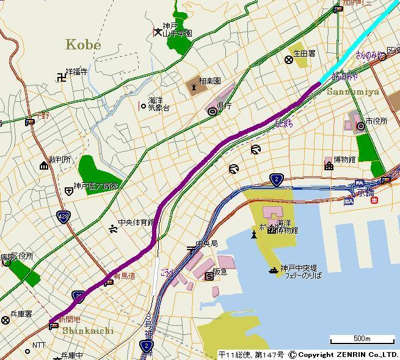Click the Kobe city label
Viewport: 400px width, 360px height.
coord(82,45)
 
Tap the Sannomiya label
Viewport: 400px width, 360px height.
coord(352,92)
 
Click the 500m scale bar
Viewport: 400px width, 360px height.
coord(362,339)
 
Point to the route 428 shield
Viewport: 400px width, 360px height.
coord(63,217)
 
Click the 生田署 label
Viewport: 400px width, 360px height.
coord(304,54)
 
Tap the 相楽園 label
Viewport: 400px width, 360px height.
coord(209,81)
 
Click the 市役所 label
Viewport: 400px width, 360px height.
coord(376,121)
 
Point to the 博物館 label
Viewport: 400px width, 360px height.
coord(344,160)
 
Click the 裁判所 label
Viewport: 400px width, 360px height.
coord(60,160)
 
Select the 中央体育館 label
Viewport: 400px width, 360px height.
coord(136,223)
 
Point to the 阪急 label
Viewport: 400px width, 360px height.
coord(219,272)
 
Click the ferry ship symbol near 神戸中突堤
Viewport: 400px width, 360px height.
coord(274,270)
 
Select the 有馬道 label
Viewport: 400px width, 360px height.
coord(124,276)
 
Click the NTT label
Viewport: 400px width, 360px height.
coord(38,345)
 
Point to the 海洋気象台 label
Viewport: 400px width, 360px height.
coord(158,104)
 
